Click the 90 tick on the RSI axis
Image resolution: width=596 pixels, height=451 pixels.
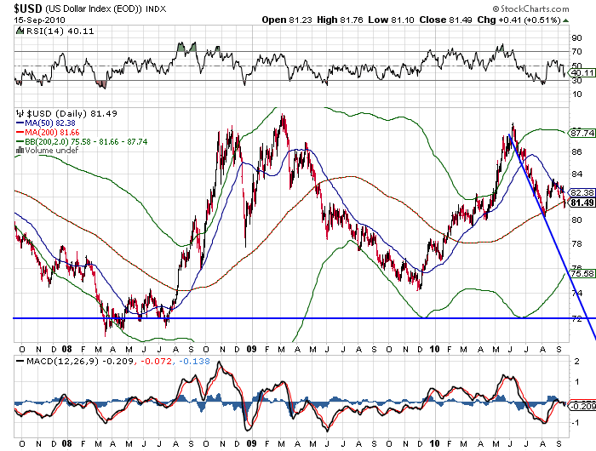(576, 38)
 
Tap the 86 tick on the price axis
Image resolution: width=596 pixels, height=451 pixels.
(576, 151)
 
